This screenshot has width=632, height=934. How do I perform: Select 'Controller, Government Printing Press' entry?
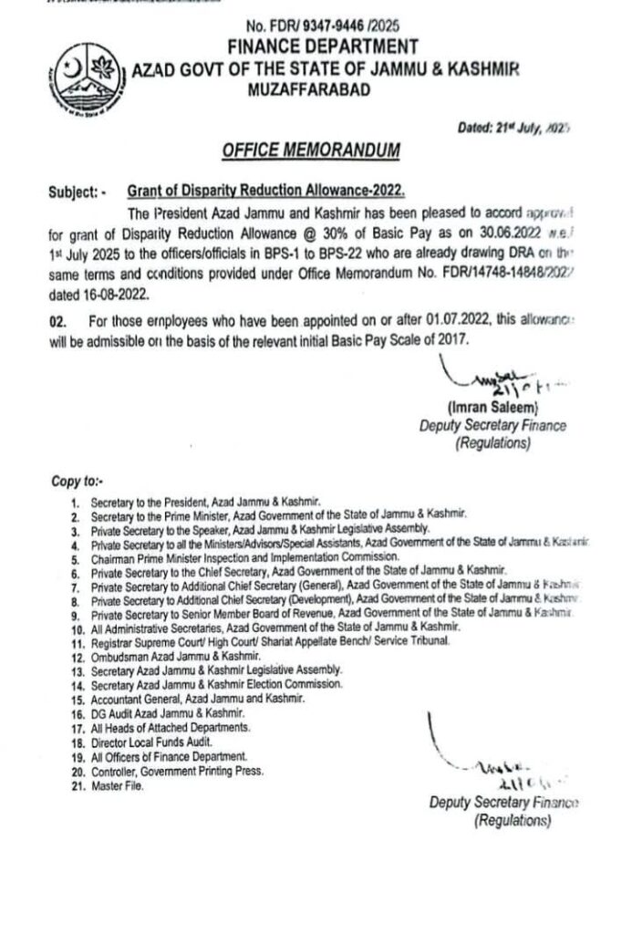click(177, 771)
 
